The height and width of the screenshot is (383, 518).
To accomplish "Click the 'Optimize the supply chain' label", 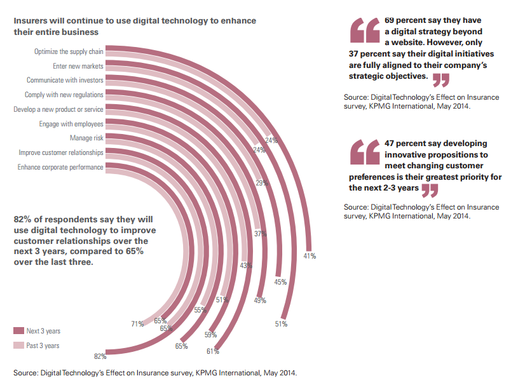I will point(68,50).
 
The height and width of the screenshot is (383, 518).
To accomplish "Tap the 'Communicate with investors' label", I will point(65,80).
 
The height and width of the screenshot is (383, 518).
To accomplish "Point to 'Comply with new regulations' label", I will point(64,95).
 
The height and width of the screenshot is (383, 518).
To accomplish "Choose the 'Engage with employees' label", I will point(71,124).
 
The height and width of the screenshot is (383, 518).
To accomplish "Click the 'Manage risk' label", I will point(86,138).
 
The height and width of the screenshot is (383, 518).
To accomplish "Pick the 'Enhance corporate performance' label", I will point(60,167).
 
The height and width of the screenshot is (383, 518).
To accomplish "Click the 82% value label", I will point(100,357).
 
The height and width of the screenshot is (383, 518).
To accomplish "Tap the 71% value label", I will point(137,324).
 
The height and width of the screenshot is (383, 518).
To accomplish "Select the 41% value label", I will point(310,256).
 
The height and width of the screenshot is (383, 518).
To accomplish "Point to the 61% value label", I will point(213,351).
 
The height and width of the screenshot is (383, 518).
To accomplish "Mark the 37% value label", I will point(260,234).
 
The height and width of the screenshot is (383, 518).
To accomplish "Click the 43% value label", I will point(246,266).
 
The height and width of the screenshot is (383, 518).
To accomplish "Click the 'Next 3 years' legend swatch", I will point(18,331).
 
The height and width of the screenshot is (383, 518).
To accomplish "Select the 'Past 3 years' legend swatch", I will point(18,346).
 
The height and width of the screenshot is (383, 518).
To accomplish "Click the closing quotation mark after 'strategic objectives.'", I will point(440,79).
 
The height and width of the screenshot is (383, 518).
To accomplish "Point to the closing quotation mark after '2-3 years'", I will point(430,191).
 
